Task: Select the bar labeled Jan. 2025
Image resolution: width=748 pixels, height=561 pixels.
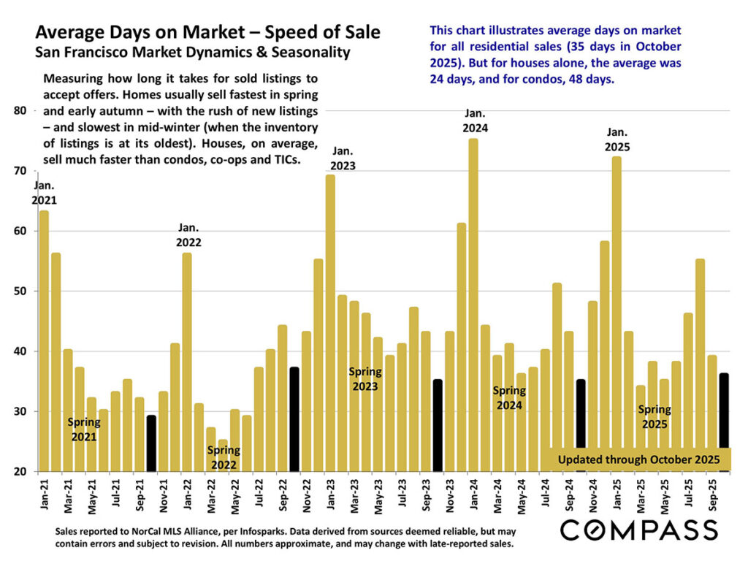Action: [x=617, y=314]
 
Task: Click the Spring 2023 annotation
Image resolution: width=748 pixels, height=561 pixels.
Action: [x=365, y=378]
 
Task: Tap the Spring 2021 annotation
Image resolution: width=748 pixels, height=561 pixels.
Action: [x=84, y=430]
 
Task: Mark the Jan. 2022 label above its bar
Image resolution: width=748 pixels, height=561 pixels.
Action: [x=189, y=235]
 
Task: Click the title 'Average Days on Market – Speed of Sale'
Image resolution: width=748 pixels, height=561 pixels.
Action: [x=207, y=33]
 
